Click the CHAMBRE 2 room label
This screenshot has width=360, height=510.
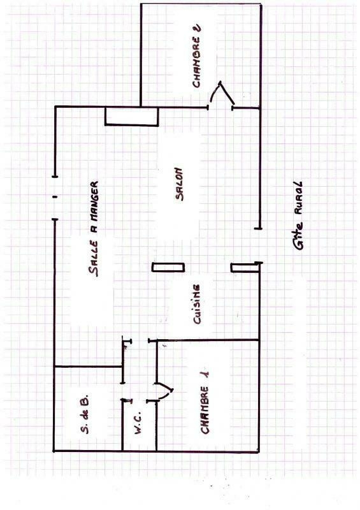tap(197, 56)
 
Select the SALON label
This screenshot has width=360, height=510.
tap(179, 184)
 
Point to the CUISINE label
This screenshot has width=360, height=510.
tap(196, 304)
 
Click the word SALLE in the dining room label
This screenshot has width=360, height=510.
tap(93, 259)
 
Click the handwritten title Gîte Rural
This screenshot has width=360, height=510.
tap(299, 215)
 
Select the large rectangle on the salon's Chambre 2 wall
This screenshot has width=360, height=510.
tap(131, 116)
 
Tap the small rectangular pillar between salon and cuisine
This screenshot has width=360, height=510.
tap(168, 267)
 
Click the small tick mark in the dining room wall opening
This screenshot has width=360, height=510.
tap(55, 197)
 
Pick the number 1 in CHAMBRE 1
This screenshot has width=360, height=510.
tap(205, 376)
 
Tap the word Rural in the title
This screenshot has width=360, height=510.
tap(299, 198)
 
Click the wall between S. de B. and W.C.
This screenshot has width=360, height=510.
tap(122, 425)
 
